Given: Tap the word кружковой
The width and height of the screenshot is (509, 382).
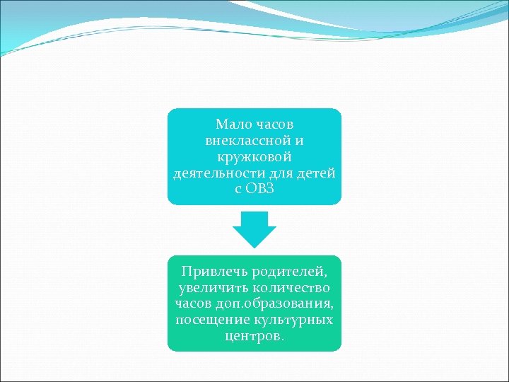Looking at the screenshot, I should click(254, 156).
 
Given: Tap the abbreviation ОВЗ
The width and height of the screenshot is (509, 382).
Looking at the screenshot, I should click(262, 189).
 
